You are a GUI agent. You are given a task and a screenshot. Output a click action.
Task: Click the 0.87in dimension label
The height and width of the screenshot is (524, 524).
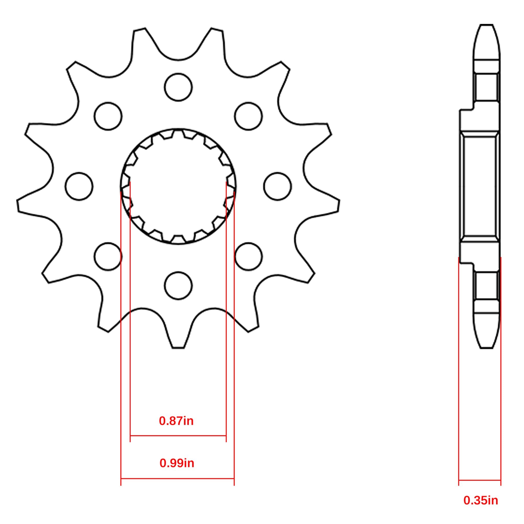[x=176, y=421]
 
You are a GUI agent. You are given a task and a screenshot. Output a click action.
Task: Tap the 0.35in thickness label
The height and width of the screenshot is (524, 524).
[x=481, y=500]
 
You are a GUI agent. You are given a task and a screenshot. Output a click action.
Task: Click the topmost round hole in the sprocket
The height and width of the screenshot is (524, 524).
[x=178, y=87]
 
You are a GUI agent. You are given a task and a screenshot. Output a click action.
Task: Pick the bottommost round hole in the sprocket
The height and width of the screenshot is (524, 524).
[x=178, y=286]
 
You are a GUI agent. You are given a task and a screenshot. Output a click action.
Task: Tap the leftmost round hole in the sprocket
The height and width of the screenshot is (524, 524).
[x=79, y=186]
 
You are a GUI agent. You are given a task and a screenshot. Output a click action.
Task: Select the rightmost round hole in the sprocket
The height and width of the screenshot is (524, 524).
[x=277, y=186]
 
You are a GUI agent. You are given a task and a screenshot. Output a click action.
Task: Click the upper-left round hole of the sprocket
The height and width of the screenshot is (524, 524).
[x=108, y=116]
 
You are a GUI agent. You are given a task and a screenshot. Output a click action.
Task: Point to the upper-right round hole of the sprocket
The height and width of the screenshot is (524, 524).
[x=248, y=116]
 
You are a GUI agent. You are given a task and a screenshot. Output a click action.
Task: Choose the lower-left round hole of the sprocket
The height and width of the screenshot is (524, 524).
[x=108, y=257]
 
